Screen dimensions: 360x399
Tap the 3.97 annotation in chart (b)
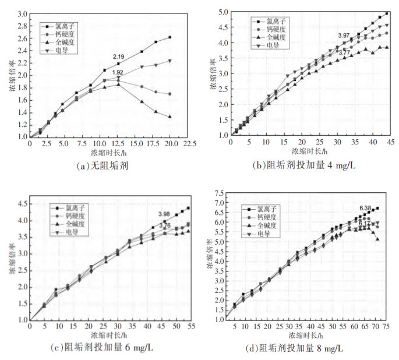point(344,36)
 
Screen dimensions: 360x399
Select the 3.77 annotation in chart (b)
point(344,53)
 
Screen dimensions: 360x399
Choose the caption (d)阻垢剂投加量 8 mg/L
point(301,348)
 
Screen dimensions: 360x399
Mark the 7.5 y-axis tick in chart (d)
point(220,193)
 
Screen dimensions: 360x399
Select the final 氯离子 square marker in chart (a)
point(170,37)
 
